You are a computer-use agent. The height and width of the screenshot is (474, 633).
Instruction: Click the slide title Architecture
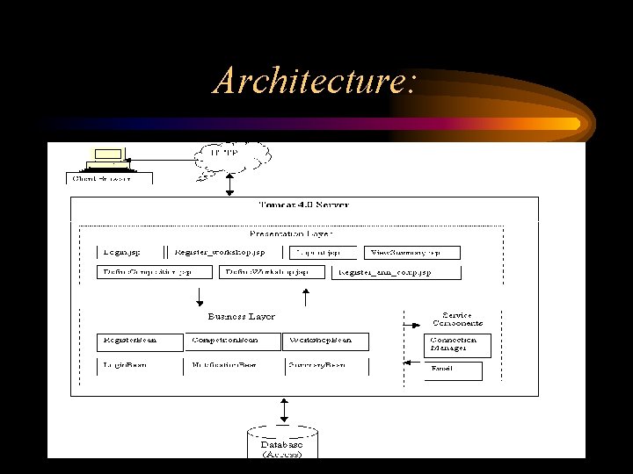314,82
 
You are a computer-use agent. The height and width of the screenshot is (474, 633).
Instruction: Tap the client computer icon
109,158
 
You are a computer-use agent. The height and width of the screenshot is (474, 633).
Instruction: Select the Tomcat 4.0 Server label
303,205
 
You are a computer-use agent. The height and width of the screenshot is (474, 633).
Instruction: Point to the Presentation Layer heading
291,233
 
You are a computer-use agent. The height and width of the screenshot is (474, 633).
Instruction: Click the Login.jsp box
123,252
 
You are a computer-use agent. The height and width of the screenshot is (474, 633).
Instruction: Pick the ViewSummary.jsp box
412,252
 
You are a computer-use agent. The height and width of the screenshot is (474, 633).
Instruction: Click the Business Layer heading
241,316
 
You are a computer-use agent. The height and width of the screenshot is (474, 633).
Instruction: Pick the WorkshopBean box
326,341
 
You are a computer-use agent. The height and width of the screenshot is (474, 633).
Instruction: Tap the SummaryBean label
316,363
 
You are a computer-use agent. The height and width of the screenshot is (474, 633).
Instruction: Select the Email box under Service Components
454,371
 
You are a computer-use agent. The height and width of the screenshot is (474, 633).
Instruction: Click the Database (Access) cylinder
282,444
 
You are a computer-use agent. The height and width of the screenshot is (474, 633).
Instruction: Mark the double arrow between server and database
283,409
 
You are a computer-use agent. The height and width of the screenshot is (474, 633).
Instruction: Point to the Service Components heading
456,320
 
